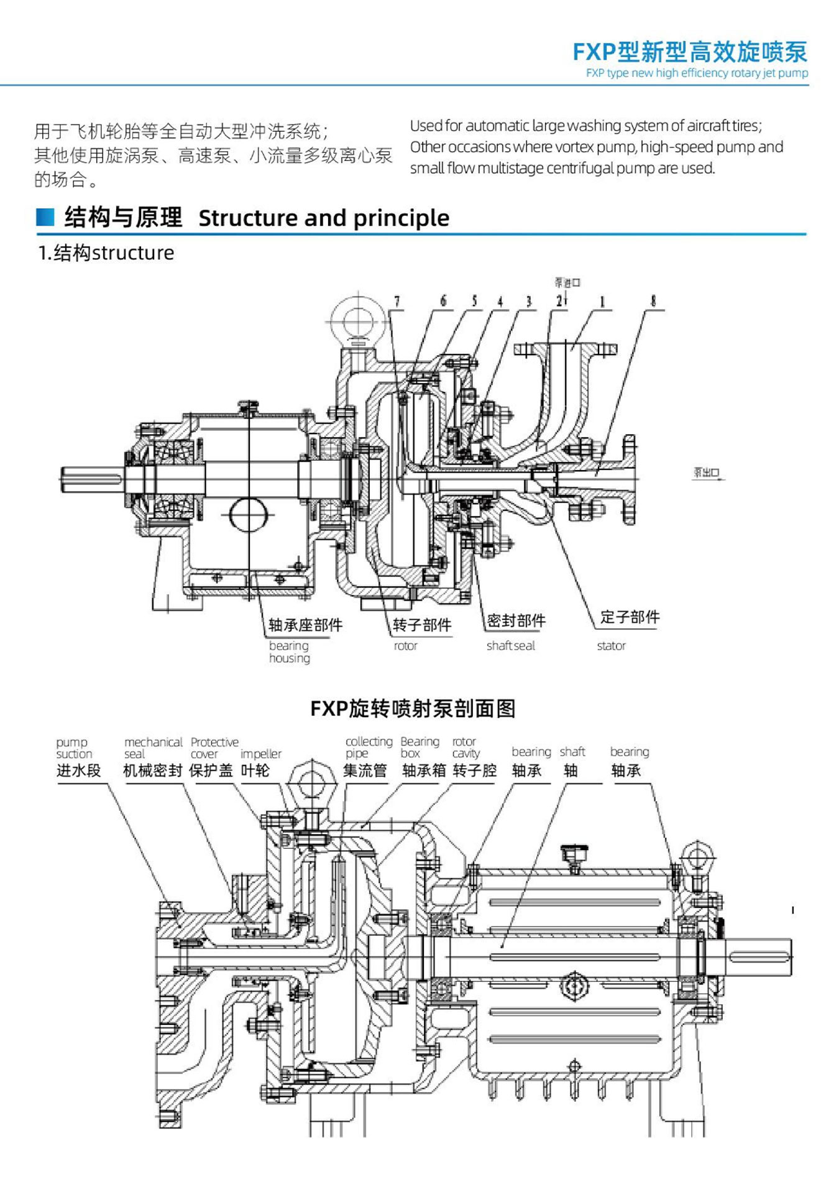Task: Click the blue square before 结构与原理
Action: tap(45, 217)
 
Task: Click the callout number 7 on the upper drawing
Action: tap(397, 302)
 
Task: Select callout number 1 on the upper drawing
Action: tap(602, 302)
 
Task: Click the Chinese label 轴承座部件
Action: tap(305, 624)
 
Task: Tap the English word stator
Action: tap(611, 646)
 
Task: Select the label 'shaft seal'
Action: tap(510, 646)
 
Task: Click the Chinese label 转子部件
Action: tap(422, 624)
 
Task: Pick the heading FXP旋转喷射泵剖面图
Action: tap(413, 708)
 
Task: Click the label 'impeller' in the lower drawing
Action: tap(261, 754)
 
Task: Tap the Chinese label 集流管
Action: tap(365, 771)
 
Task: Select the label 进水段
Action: tap(78, 771)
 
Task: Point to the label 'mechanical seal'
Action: tap(153, 747)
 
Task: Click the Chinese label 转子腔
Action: tap(475, 771)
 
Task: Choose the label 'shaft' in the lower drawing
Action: tap(572, 752)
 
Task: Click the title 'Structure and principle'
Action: tap(324, 218)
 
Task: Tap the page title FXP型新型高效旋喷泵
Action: tap(690, 52)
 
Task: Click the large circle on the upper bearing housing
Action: tap(248, 515)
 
